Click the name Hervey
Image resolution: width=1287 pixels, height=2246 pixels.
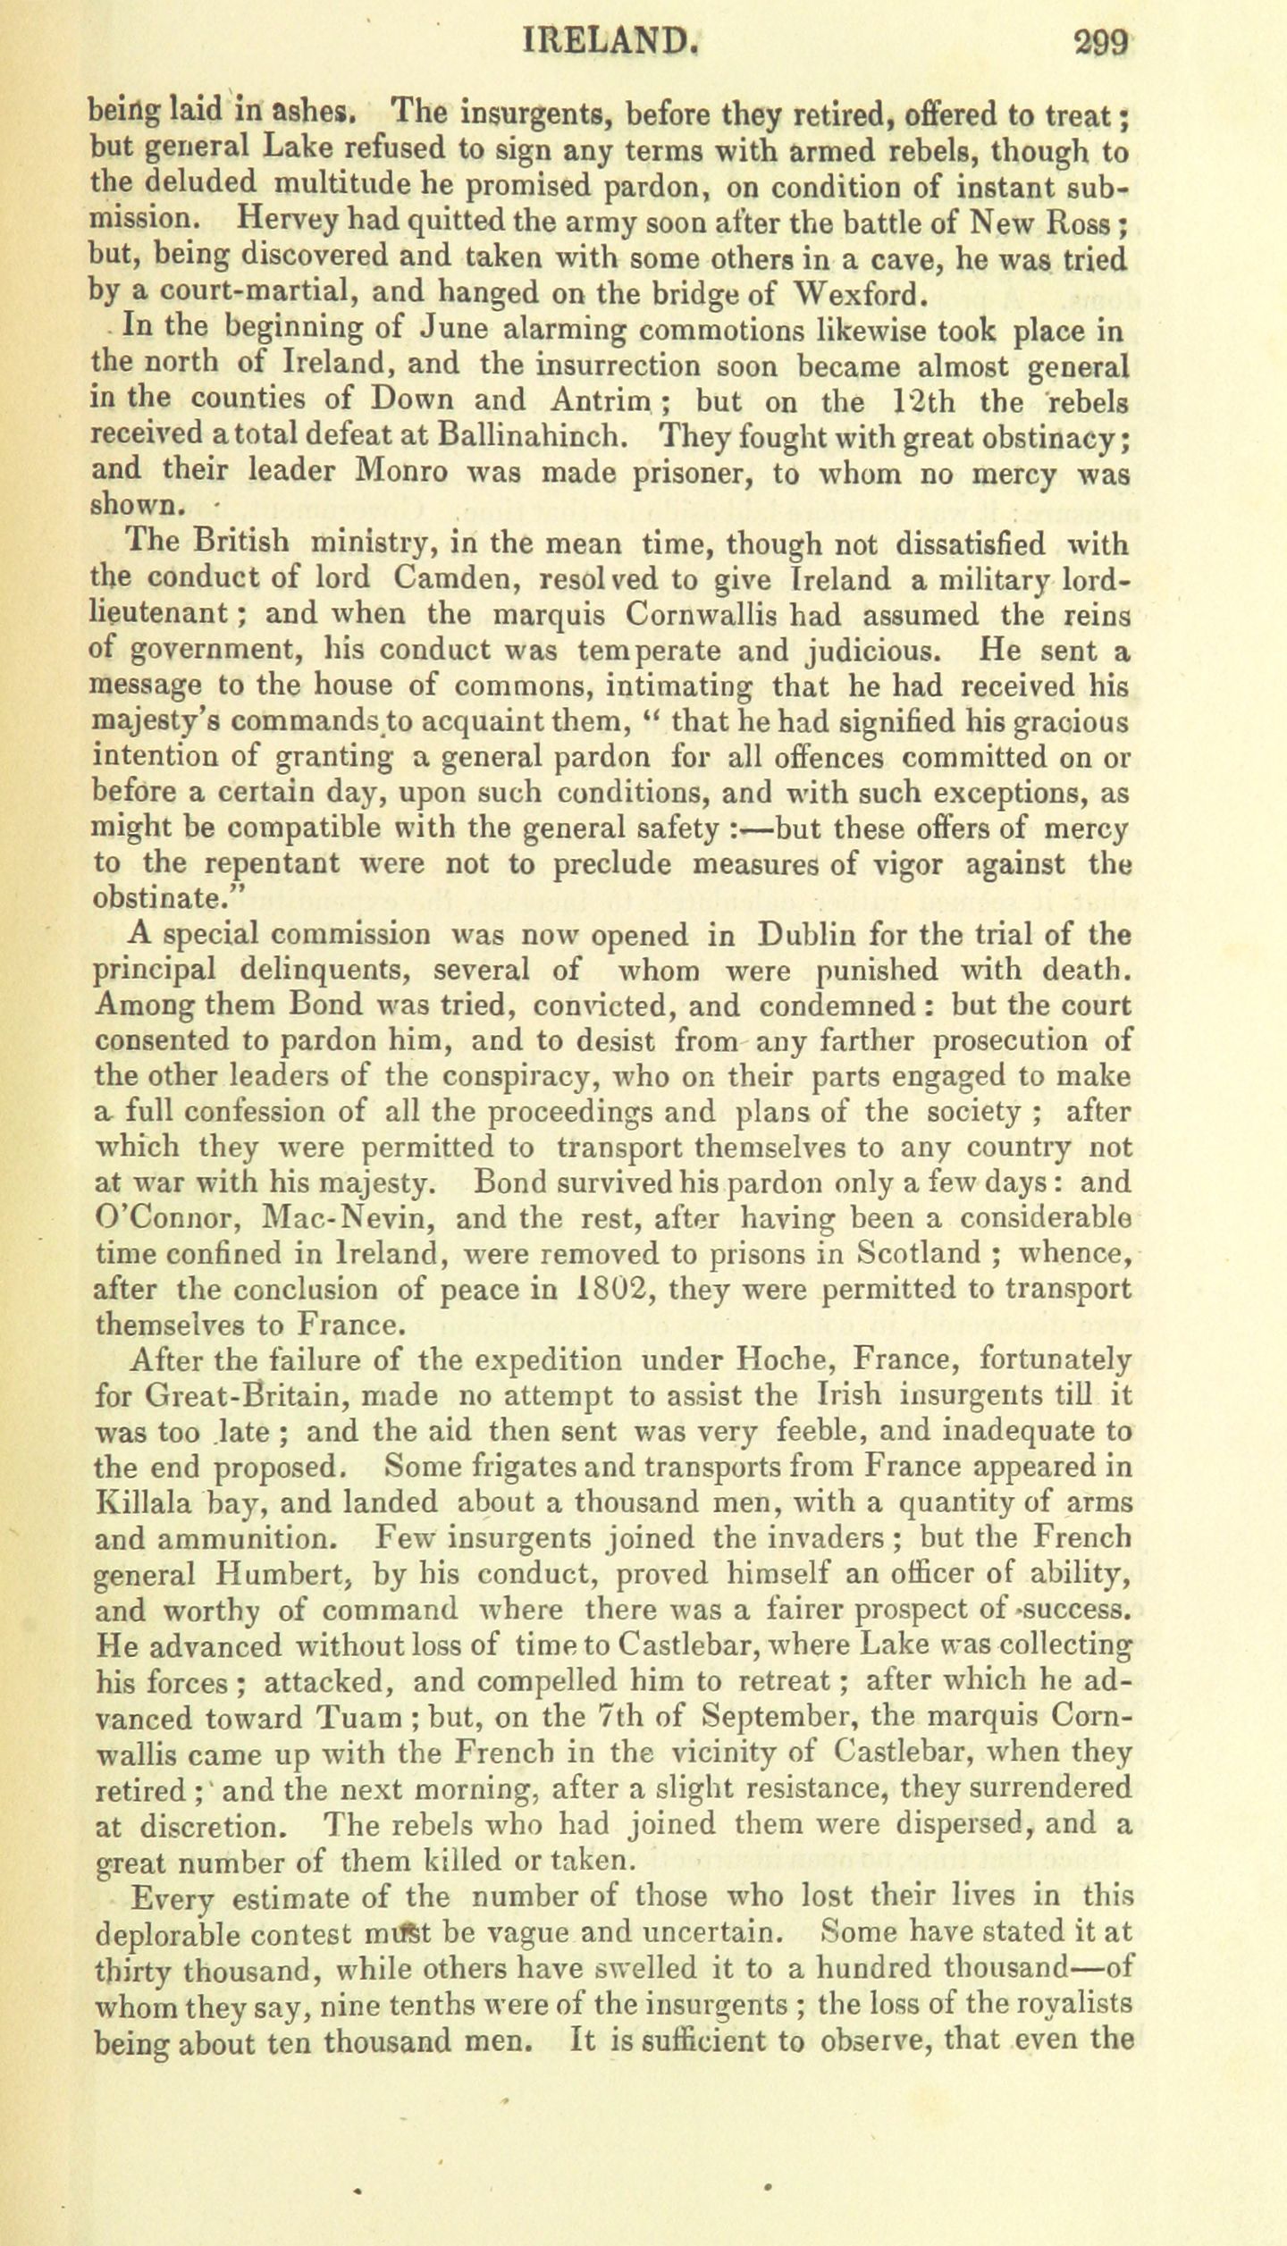pos(285,220)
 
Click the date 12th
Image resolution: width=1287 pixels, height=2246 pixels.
pos(901,401)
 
